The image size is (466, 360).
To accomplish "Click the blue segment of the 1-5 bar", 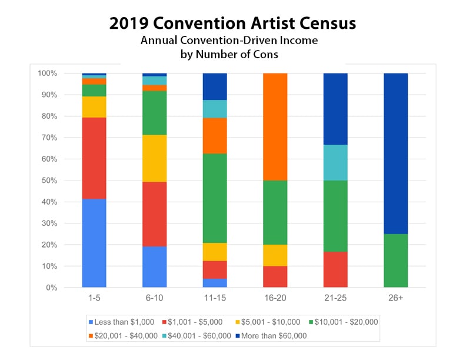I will pos(94,243).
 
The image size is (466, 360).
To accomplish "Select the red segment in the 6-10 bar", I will pos(154,214).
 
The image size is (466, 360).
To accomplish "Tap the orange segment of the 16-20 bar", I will pos(275,126).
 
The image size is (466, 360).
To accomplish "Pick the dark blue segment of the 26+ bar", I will pos(395,153).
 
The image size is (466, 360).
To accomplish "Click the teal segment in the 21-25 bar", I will pos(335,162).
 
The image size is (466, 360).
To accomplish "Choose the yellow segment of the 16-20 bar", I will pos(275,255).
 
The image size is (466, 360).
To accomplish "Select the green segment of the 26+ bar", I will pos(395,261).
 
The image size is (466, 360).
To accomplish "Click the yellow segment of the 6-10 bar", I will pos(154,158).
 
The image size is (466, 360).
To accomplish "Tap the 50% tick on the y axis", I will pos(49,181).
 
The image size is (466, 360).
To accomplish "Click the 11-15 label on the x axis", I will pos(215,299).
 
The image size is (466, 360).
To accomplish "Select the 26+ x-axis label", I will pos(395,299).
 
